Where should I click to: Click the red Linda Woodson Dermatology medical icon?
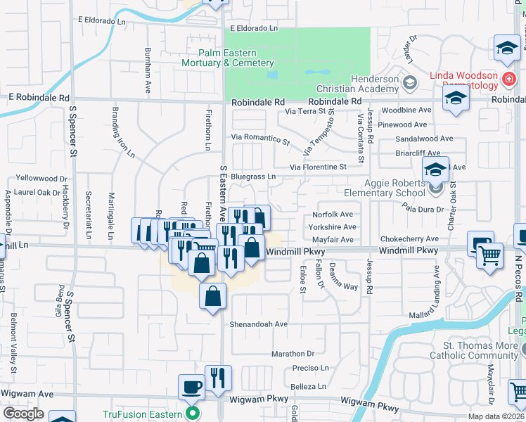click(508, 82)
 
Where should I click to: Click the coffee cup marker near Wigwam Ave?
click(193, 388)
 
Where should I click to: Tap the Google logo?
click(23, 414)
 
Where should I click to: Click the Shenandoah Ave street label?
click(259, 324)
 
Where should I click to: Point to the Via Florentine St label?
click(314, 167)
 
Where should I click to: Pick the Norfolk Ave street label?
click(333, 215)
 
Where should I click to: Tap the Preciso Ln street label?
click(311, 368)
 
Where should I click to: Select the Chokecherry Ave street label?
click(409, 239)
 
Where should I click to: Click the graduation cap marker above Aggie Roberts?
click(436, 170)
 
